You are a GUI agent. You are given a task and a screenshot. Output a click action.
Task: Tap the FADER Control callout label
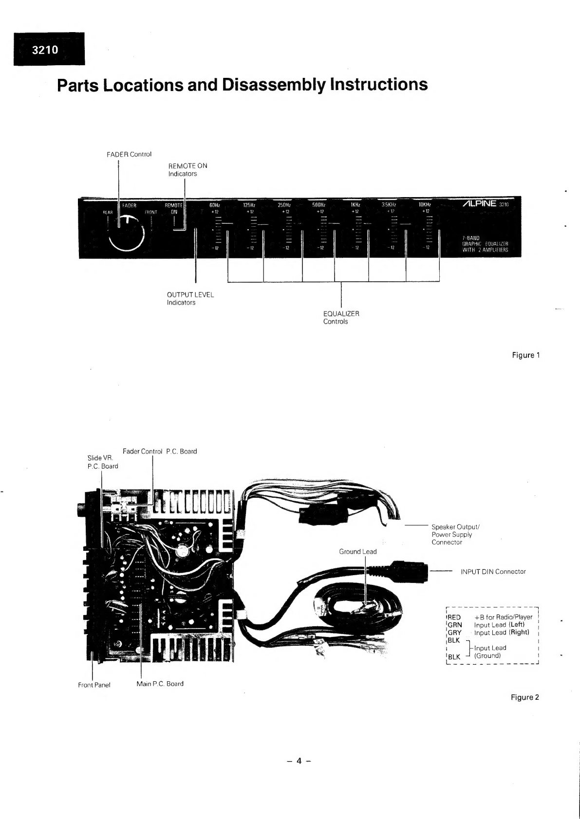[x=129, y=154]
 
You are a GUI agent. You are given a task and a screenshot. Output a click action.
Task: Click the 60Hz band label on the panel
[x=215, y=205]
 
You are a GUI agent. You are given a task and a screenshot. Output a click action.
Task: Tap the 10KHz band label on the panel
[x=426, y=205]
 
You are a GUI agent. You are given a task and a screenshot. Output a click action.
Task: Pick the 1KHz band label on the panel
[x=355, y=205]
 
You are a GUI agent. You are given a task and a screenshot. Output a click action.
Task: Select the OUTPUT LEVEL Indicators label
[x=190, y=298]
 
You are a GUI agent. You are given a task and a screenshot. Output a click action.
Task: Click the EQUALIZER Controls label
[x=341, y=317]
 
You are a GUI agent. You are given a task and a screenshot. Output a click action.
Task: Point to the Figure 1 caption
[x=525, y=355]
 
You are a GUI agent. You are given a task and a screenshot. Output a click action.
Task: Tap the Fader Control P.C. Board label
[x=160, y=451]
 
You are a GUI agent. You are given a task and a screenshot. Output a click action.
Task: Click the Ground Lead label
[x=357, y=551]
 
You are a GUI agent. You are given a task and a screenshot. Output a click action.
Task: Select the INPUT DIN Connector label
[x=493, y=572]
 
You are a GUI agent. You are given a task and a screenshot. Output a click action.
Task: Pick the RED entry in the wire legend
[x=454, y=617]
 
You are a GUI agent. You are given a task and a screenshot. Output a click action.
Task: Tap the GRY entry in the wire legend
[x=454, y=633]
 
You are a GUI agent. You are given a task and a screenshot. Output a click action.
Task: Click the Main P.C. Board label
[x=160, y=684]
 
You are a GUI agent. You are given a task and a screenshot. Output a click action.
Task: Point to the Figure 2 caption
[x=524, y=697]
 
